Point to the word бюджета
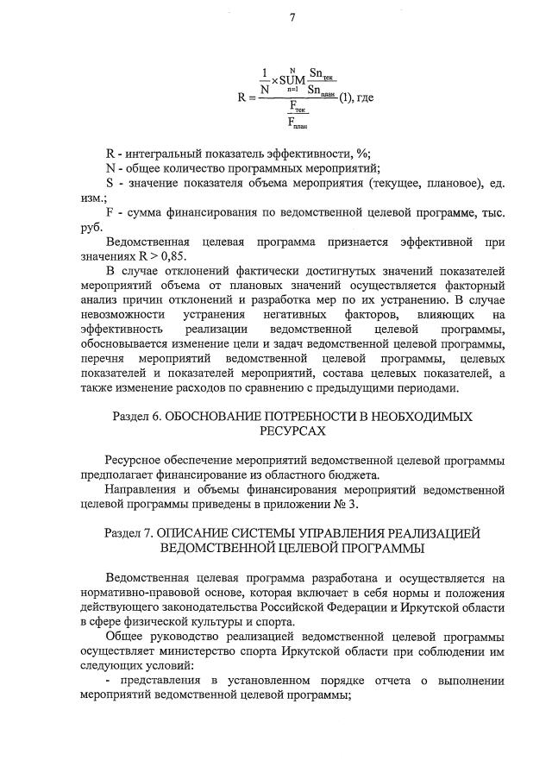coord(365,474)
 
